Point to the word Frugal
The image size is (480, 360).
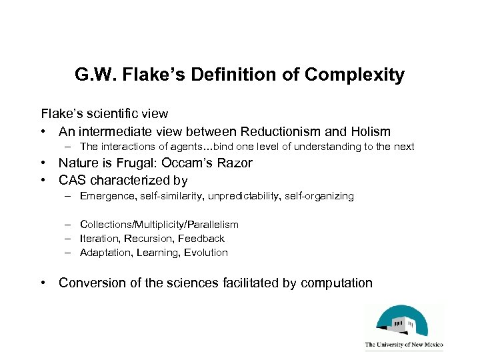tap(139, 163)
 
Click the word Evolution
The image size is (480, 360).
tap(204, 253)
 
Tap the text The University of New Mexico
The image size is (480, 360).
tap(403, 345)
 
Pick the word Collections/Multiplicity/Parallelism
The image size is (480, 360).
tap(159, 225)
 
